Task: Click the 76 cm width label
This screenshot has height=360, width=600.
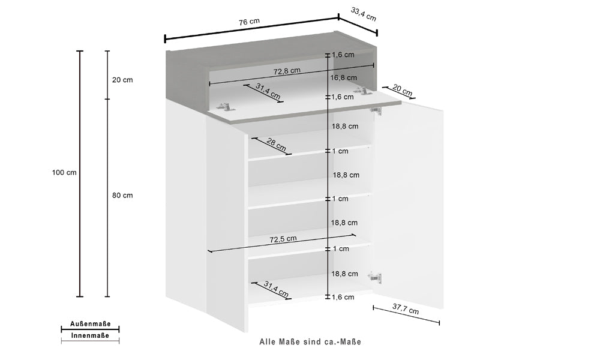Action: click(x=249, y=22)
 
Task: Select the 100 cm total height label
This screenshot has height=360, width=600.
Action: click(x=64, y=173)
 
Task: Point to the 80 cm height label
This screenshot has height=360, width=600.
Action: click(x=123, y=196)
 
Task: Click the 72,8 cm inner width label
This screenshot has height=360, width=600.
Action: click(x=287, y=71)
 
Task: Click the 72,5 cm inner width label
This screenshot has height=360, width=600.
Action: click(x=283, y=239)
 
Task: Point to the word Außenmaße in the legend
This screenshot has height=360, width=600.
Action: click(x=90, y=323)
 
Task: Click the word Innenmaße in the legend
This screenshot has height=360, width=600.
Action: click(x=90, y=336)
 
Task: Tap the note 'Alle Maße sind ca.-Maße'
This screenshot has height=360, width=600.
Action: click(x=310, y=342)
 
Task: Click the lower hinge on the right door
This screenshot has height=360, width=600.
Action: click(x=375, y=277)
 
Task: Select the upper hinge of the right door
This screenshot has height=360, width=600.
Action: click(x=376, y=110)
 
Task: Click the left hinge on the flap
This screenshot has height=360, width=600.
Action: click(x=224, y=106)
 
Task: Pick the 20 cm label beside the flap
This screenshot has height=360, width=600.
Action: click(x=402, y=91)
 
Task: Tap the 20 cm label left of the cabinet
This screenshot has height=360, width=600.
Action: click(x=122, y=80)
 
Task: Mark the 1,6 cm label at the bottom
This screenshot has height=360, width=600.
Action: click(x=344, y=297)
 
